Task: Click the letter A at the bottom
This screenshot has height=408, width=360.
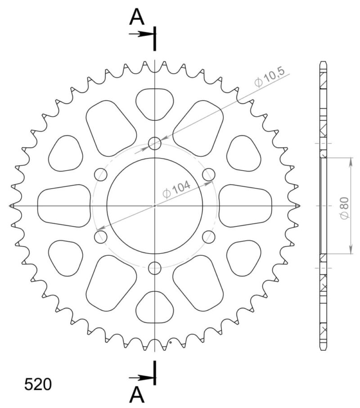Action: (x=137, y=395)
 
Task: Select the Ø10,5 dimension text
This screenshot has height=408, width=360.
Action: (x=269, y=80)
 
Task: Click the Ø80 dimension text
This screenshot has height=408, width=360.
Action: (x=344, y=208)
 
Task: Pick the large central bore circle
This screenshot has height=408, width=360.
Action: (x=155, y=206)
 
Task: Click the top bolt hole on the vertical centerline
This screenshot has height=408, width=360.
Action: (x=155, y=144)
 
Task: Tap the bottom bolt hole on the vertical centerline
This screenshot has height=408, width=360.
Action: (x=155, y=268)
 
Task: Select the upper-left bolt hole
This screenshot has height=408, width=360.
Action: (x=101, y=175)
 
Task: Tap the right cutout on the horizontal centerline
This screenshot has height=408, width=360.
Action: (x=246, y=206)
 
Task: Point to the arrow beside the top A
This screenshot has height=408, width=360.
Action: (x=140, y=33)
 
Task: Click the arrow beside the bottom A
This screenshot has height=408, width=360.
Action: (x=140, y=378)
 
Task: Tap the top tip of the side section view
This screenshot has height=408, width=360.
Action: (x=324, y=62)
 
